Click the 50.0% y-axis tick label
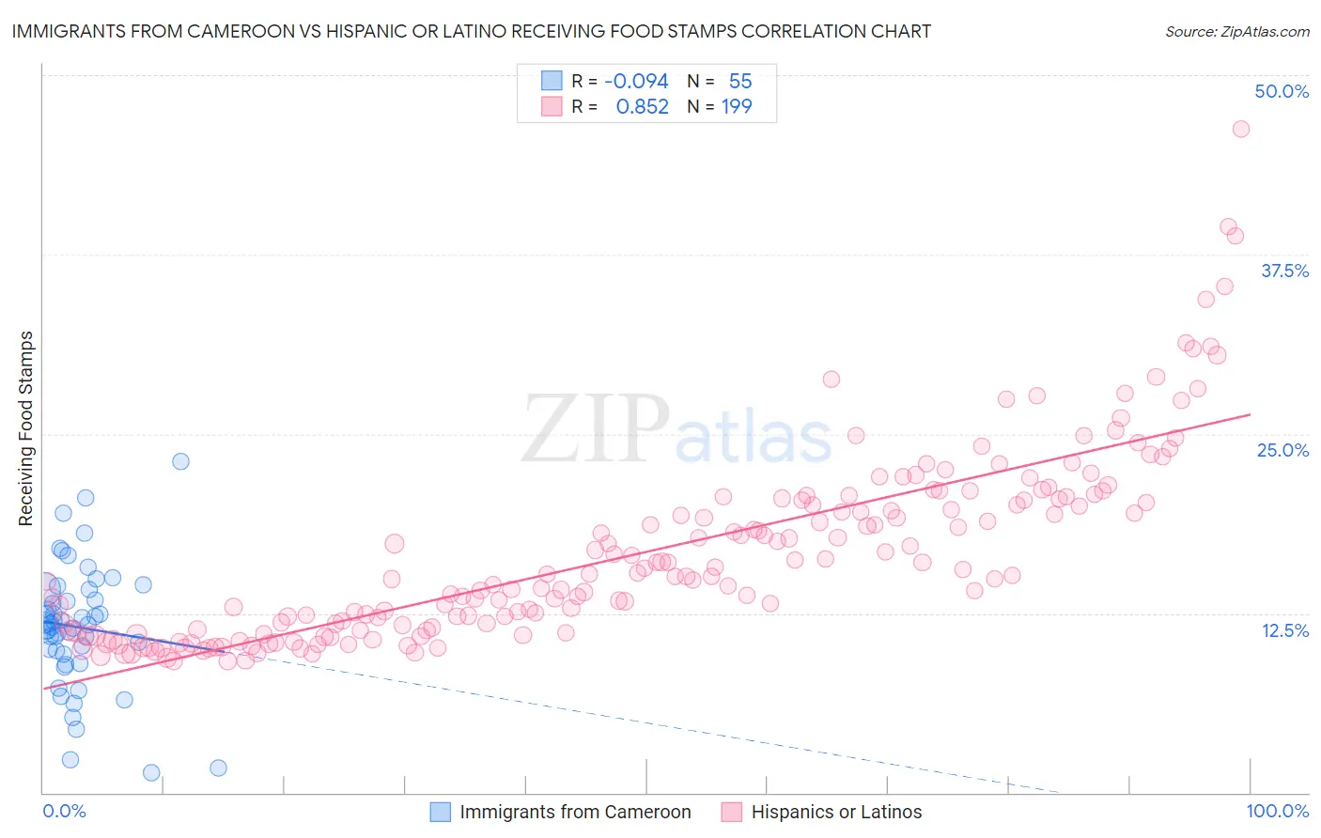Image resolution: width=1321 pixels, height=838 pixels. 1282,91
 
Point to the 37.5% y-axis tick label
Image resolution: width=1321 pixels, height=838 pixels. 1284,271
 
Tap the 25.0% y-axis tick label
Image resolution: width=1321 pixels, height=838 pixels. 1282,450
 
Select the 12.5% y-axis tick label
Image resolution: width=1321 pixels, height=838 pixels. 1284,630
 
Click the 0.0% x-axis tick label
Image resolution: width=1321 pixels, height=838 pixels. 64,811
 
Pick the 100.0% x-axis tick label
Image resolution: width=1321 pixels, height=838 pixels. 1277,811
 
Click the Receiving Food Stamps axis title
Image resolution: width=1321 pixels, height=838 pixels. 25,428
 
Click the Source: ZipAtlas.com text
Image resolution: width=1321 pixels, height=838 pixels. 1236,31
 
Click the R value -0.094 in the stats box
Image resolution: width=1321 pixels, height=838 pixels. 636,81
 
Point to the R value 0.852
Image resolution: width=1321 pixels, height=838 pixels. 642,106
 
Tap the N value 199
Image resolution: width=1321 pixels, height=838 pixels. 737,106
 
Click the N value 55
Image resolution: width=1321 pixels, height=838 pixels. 740,81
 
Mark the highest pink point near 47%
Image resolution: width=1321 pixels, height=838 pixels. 1240,129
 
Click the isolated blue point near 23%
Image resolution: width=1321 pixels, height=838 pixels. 180,461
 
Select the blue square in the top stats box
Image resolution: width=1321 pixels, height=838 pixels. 552,81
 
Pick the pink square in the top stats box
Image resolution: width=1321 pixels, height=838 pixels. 552,106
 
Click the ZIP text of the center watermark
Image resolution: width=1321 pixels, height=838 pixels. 595,428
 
